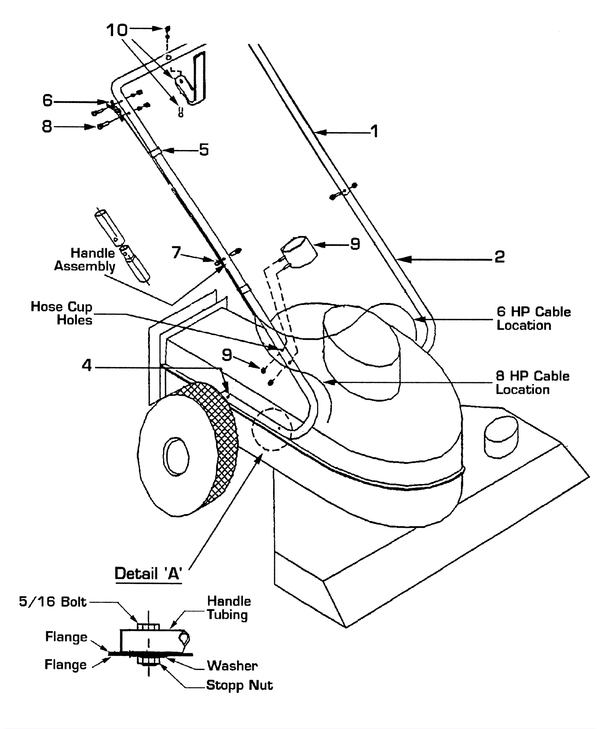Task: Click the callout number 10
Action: (117, 30)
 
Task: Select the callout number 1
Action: (374, 131)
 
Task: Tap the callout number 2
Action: (500, 257)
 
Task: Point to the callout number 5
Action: (204, 150)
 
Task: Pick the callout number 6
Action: (47, 100)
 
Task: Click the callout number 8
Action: (47, 127)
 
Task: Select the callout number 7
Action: (176, 253)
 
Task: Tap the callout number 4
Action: (87, 365)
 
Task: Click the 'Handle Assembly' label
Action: (85, 260)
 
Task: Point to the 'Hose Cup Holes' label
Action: (62, 313)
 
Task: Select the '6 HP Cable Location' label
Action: (534, 318)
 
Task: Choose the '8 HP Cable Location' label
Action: (532, 383)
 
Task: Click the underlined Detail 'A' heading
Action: (148, 573)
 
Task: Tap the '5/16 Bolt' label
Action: (53, 601)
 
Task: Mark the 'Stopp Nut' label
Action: (240, 685)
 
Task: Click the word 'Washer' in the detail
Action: (232, 666)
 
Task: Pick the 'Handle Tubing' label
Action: (229, 608)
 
